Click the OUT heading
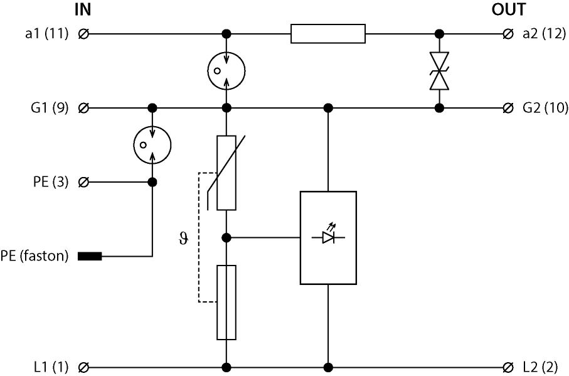[x=508, y=10]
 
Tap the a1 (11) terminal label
[x=46, y=33]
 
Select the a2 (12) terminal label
[x=544, y=33]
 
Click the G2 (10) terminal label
[x=544, y=108]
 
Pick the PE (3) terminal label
[x=50, y=183]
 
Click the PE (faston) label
[x=35, y=256]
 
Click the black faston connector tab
[x=89, y=256]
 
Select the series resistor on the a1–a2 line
[x=328, y=33]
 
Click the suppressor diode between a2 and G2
[x=440, y=70]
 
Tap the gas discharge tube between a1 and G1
[x=226, y=70]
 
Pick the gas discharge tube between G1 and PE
[x=152, y=145]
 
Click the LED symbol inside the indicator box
[x=328, y=237]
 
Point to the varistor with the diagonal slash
[x=226, y=172]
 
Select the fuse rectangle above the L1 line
[x=226, y=302]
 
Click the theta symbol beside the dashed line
[x=183, y=239]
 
